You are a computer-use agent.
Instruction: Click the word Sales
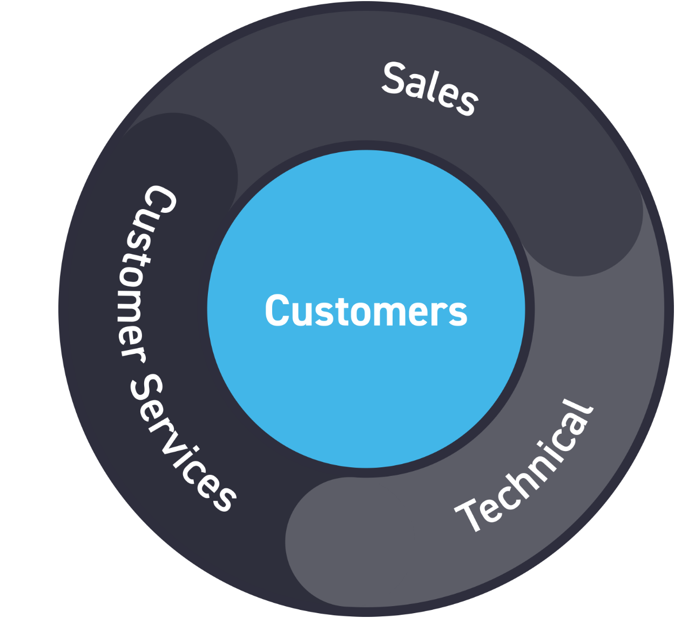coord(430,89)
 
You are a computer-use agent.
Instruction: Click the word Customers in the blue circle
coord(366,311)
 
